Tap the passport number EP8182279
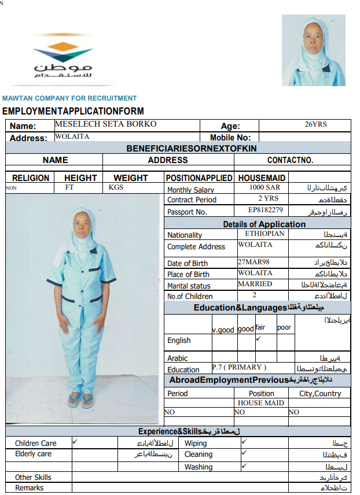(x=265, y=210)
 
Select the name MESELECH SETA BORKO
(x=105, y=124)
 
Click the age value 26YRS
(x=316, y=124)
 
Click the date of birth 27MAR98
(x=254, y=261)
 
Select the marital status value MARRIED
(x=255, y=284)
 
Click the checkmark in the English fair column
(x=258, y=338)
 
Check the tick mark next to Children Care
(x=75, y=441)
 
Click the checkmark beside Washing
(x=244, y=465)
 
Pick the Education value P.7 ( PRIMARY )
(x=239, y=367)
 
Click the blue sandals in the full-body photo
(x=80, y=400)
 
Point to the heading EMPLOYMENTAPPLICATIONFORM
(x=73, y=111)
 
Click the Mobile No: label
(x=230, y=138)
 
